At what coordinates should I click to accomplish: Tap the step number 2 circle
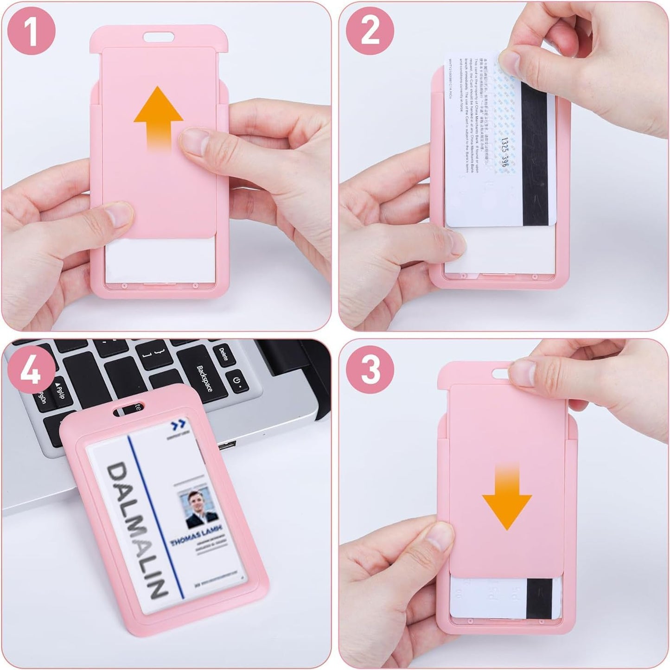point(370,32)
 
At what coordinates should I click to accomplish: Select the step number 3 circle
point(370,370)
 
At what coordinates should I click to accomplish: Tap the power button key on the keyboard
point(237,383)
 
